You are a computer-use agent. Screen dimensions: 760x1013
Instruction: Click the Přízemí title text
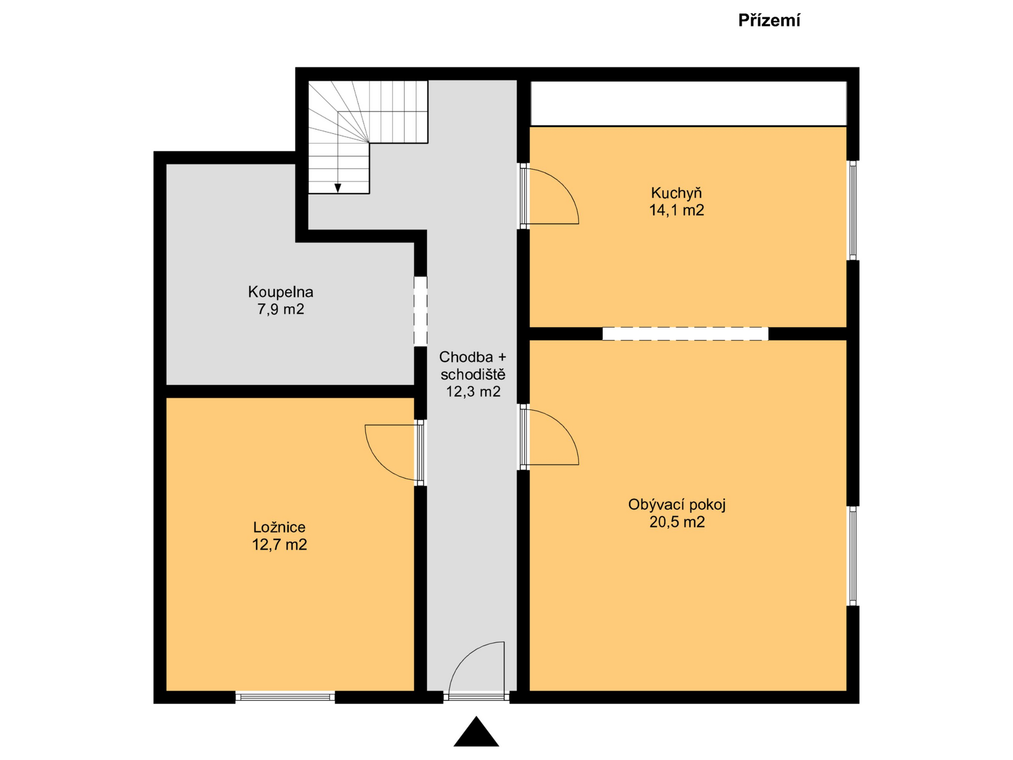pos(769,21)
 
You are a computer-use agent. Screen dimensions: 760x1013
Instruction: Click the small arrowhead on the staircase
pos(338,188)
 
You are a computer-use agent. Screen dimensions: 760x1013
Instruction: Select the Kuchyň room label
pos(676,193)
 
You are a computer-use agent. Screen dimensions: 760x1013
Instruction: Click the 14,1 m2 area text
pos(676,211)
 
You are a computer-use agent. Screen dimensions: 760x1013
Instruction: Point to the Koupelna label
pos(280,292)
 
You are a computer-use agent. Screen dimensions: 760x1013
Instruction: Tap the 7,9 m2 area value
pos(280,309)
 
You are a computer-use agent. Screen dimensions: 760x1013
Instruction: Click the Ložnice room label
pos(279,527)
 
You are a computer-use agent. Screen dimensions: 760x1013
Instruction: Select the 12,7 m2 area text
pos(279,545)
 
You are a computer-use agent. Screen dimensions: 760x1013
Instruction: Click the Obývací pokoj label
pos(676,505)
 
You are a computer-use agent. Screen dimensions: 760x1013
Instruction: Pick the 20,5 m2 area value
pos(676,522)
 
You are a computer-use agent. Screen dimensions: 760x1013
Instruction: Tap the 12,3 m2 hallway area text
pos(473,392)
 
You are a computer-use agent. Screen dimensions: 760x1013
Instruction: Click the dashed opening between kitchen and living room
pos(685,334)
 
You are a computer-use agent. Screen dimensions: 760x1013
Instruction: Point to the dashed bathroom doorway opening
pos(420,311)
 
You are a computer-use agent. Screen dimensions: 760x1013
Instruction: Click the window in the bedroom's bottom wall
pos(285,697)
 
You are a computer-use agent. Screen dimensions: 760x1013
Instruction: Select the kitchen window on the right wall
pos(853,210)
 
